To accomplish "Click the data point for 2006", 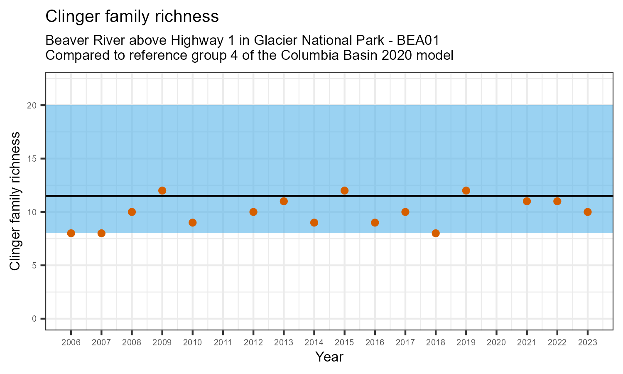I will pos(71,233).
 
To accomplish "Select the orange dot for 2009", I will pos(162,190).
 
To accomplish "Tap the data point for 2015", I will pos(344,190).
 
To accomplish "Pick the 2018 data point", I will pos(436,233).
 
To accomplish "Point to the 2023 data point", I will pos(587,212).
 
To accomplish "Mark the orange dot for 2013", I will pos(284,201).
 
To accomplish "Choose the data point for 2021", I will pos(527,201).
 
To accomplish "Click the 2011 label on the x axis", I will pos(223,343).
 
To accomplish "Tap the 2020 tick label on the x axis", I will pos(496,343).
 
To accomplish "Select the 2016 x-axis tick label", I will pos(375,343).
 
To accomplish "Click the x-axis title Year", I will pos(329,357).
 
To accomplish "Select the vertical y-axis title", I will pos(15,201).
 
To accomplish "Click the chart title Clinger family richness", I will pos(132,17).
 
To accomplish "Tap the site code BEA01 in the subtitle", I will pos(418,41).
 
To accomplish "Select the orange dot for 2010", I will pos(192,222).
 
